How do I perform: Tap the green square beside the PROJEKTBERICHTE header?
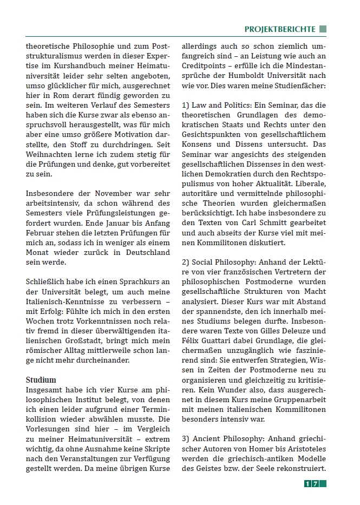click(x=323, y=29)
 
